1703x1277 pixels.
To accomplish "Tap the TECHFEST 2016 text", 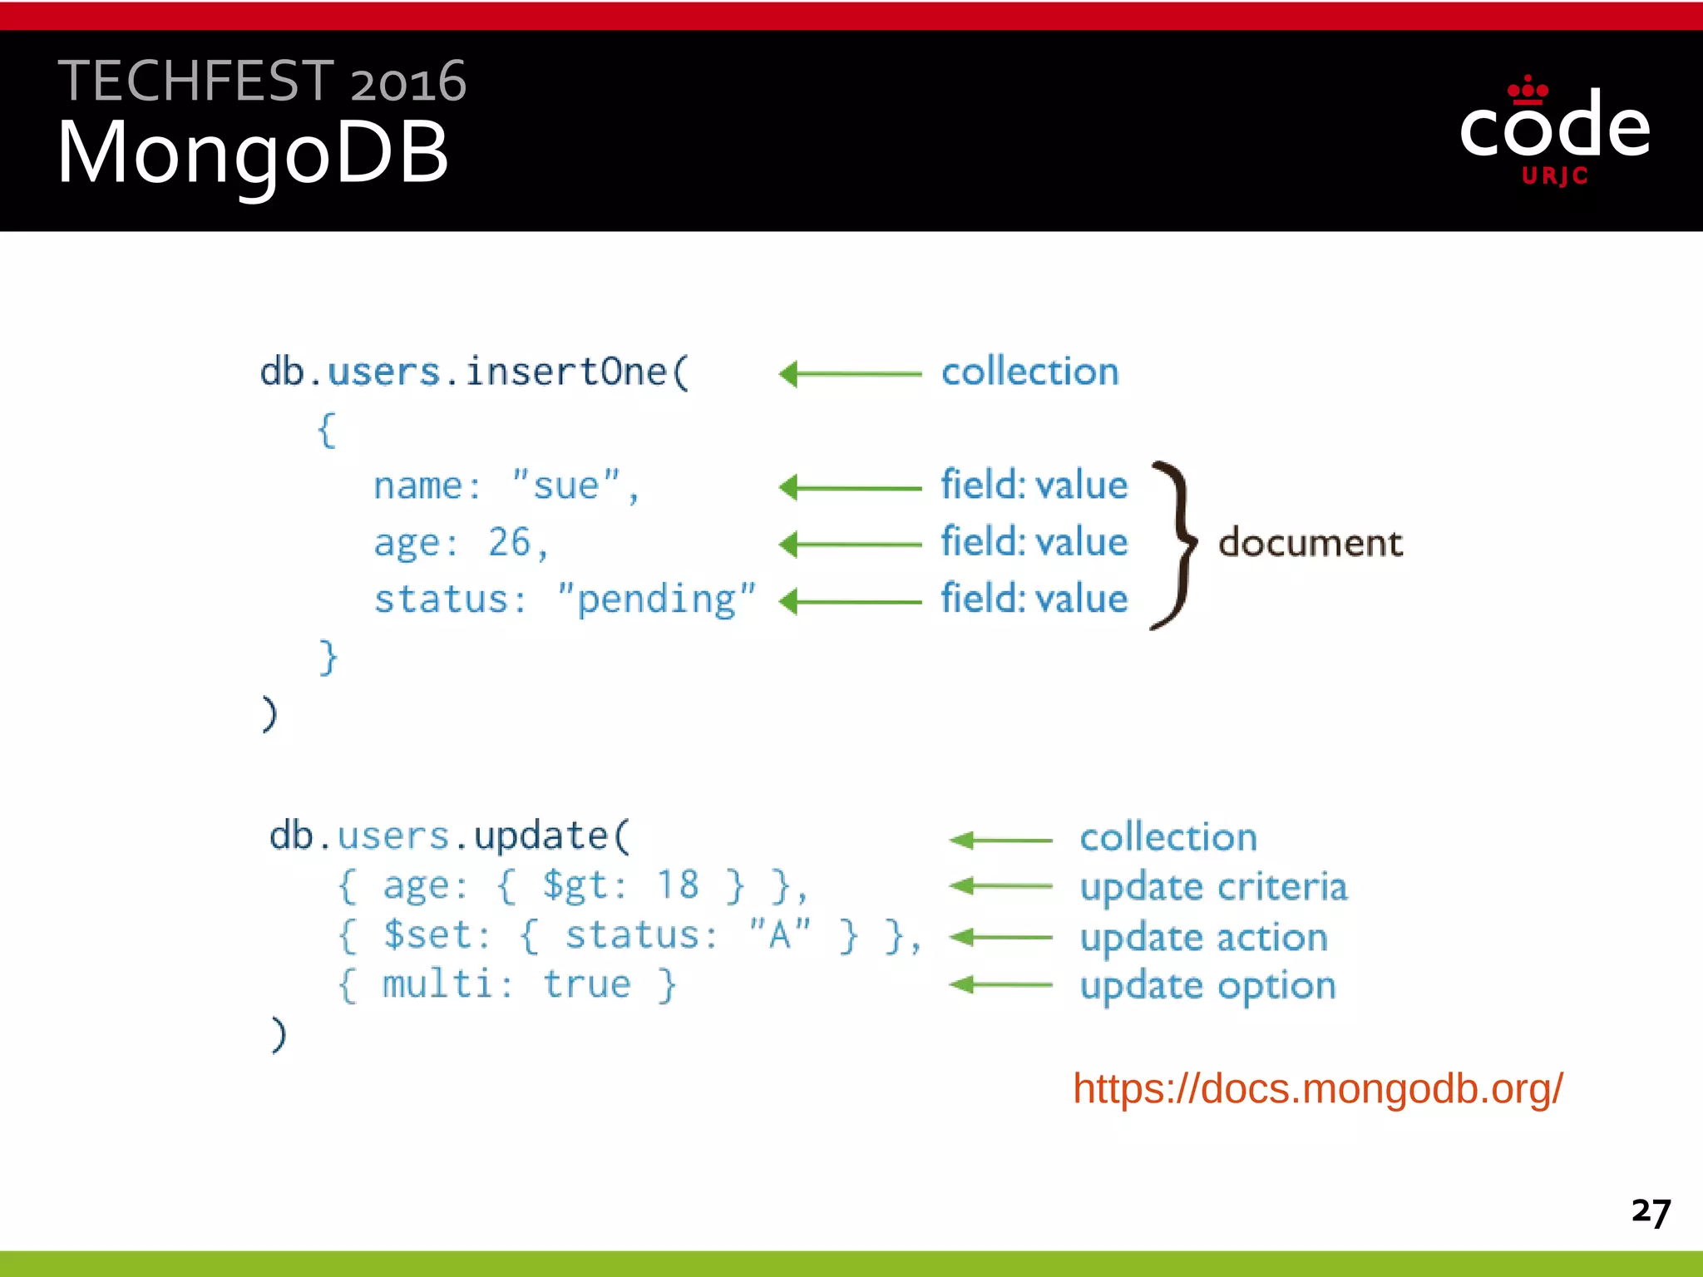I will click(262, 81).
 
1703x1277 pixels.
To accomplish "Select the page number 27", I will click(1651, 1211).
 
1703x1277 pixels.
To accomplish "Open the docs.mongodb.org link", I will click(1317, 1089).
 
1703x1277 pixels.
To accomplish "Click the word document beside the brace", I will click(1311, 543).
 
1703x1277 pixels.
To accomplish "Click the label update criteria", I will click(1213, 887).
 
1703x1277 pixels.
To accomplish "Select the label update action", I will click(1203, 938).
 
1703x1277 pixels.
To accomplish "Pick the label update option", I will click(1207, 986).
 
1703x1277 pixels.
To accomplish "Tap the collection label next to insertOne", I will click(1029, 372).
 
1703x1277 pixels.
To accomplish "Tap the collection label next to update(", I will click(1168, 837).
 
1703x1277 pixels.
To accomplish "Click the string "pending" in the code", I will click(656, 599).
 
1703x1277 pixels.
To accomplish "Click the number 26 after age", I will click(509, 542).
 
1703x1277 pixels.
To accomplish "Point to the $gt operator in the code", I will click(575, 885).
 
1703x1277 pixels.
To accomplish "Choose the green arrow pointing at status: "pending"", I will click(849, 601).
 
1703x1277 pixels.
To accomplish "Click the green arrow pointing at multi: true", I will click(1000, 985).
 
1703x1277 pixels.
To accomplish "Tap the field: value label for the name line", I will click(1034, 485).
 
